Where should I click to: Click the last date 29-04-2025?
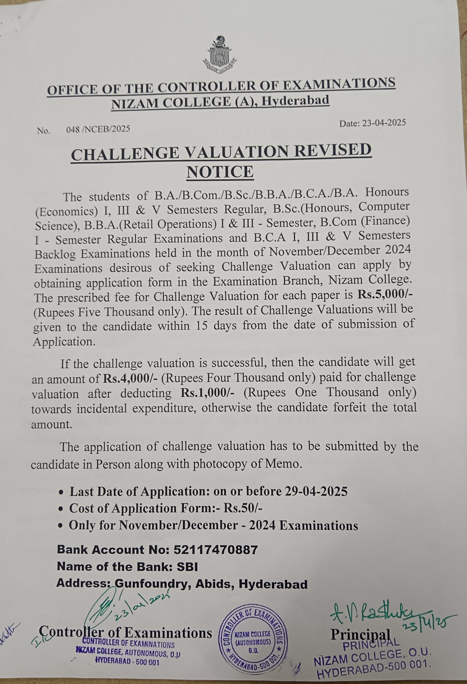click(x=316, y=491)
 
